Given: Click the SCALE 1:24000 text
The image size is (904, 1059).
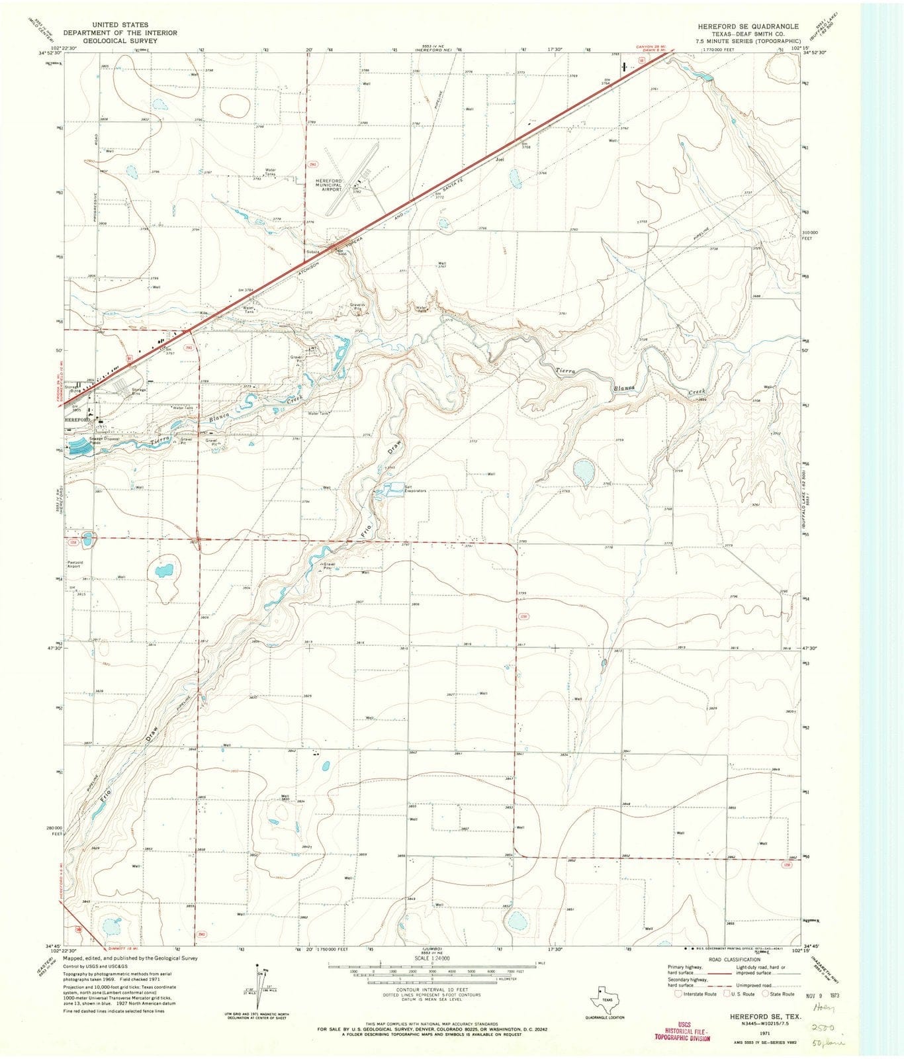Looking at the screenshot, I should [430, 958].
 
